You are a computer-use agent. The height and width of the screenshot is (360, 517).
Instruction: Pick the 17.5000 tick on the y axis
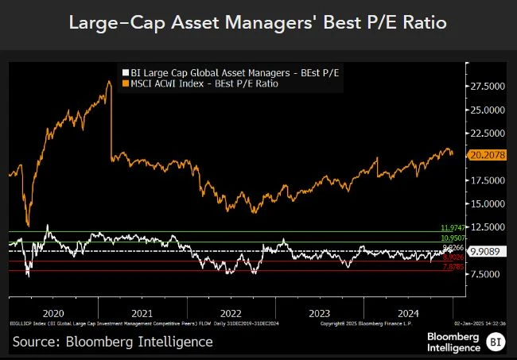488,180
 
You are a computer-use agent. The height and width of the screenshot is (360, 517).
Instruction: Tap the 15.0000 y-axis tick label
488,203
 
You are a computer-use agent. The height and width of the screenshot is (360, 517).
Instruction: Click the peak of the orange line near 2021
107,81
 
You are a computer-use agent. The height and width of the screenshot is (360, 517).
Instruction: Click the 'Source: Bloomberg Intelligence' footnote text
112,341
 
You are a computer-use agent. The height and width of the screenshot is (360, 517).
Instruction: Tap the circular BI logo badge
495,342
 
